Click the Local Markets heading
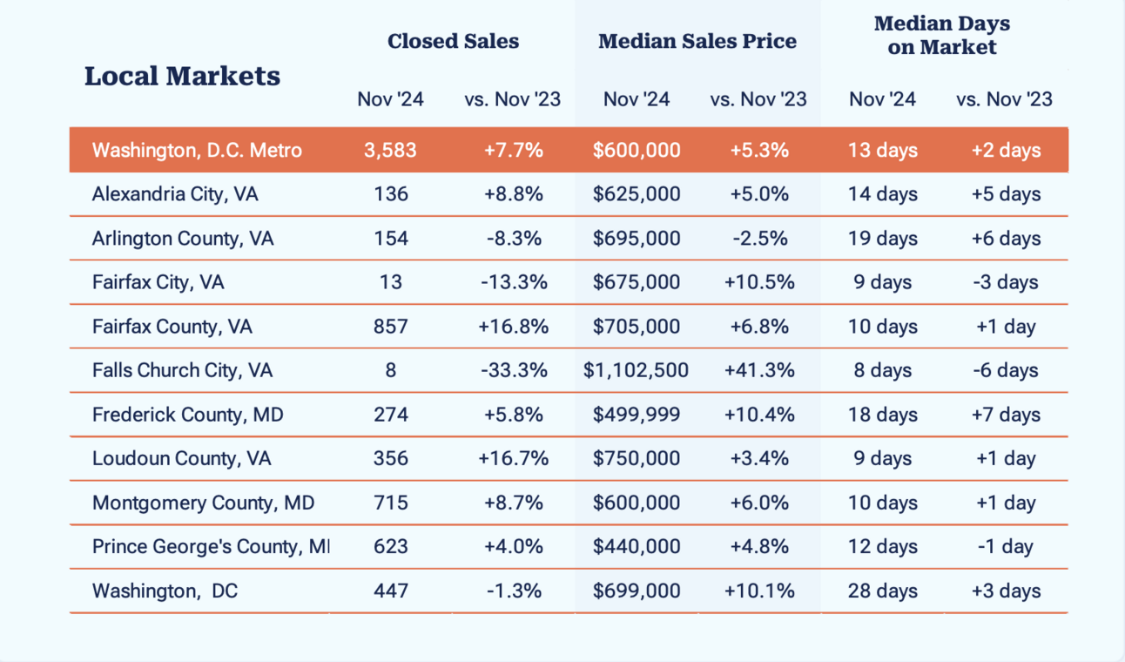point(182,76)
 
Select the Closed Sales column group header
point(453,41)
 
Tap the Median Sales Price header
point(697,41)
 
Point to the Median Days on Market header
point(942,35)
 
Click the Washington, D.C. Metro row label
point(197,150)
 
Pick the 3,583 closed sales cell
point(390,150)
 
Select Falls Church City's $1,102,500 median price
point(637,370)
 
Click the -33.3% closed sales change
point(514,370)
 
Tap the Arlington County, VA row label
point(183,238)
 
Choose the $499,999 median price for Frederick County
point(637,415)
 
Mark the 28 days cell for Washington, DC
point(882,591)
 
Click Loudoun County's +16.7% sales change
point(514,458)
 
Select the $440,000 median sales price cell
point(637,547)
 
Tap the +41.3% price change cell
point(759,370)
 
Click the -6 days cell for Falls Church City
point(1006,370)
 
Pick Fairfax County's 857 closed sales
point(390,327)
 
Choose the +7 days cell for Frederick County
point(1006,415)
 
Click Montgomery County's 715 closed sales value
point(390,503)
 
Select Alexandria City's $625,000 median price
point(637,193)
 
